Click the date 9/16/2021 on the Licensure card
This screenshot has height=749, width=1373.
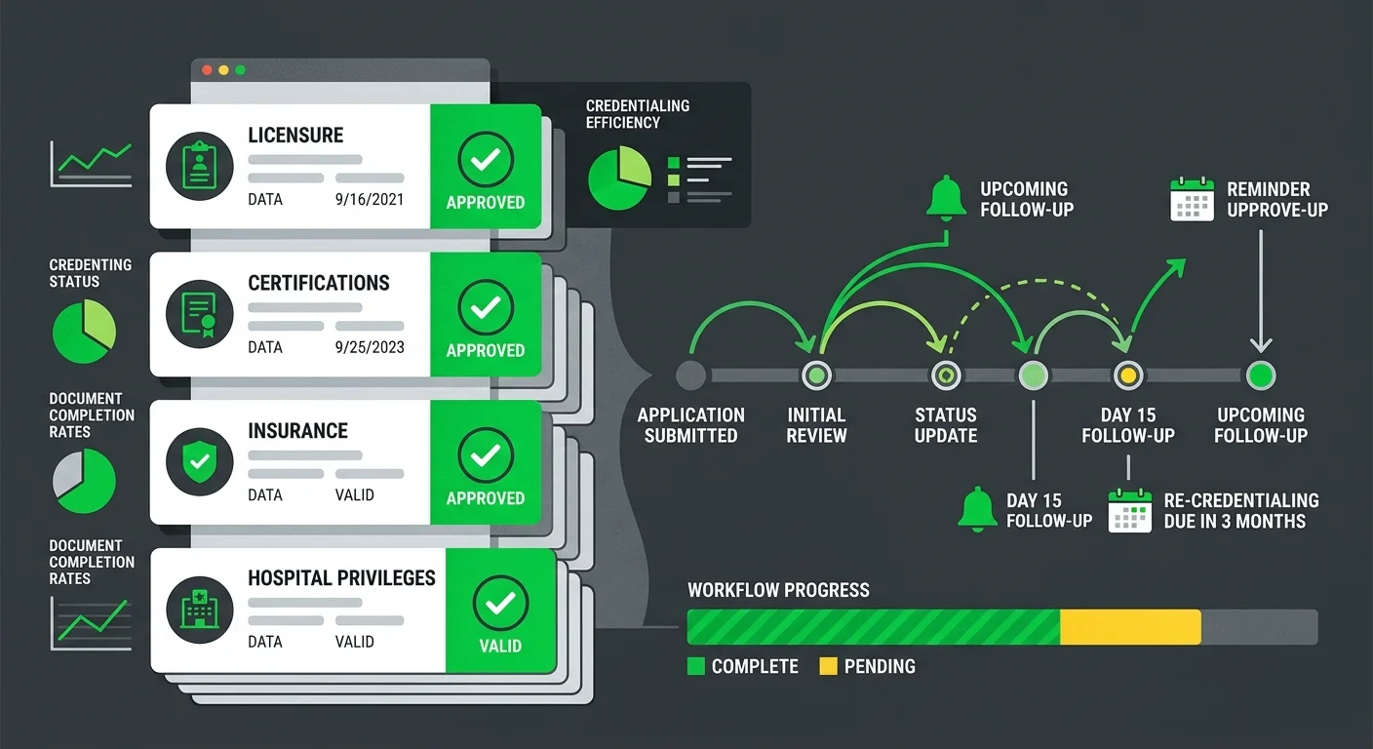pos(369,199)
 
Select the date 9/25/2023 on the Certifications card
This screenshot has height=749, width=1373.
pos(369,347)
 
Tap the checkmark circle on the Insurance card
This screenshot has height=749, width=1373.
pos(486,455)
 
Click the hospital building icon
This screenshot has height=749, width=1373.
pos(199,610)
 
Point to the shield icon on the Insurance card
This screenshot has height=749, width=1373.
pos(199,461)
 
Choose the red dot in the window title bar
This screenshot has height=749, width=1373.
pos(207,70)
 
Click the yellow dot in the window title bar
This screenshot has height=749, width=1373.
pos(223,70)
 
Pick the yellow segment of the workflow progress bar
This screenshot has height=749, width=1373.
pos(1130,627)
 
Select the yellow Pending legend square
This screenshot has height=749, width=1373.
pos(828,666)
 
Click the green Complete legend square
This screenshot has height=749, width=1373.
pos(695,666)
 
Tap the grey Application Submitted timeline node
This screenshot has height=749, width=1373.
pos(690,375)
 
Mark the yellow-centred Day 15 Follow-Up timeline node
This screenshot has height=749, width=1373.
pos(1128,375)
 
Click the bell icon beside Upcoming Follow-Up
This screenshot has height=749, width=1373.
pos(946,197)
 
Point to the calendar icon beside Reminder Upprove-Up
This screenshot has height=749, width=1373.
pos(1192,199)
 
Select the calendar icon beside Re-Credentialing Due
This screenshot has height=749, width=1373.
pos(1129,510)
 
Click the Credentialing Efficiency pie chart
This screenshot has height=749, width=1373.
pos(619,177)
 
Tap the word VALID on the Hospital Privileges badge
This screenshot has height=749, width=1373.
pos(500,646)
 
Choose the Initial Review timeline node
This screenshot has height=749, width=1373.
pos(816,375)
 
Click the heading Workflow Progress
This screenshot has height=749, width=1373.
pos(778,590)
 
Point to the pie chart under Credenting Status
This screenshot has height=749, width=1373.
pos(84,331)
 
